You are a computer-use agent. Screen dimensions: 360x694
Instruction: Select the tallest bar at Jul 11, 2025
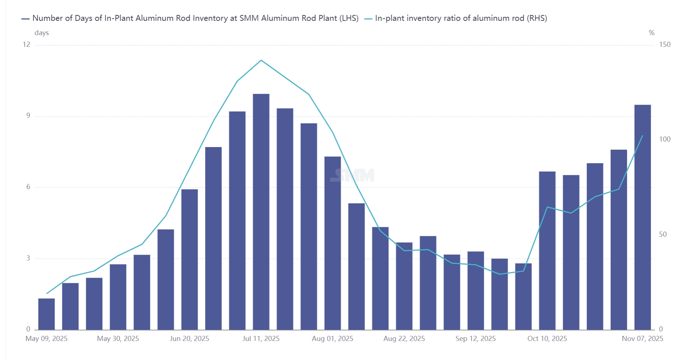coord(261,212)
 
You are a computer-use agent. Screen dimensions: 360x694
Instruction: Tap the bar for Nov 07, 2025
coord(642,217)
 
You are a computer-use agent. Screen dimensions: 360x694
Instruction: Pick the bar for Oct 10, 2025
coord(547,251)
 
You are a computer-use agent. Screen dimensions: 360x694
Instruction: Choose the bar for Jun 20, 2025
coord(189,259)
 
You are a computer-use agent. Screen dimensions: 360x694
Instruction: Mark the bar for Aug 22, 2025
coord(404,286)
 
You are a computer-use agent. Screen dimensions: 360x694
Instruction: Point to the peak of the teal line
coord(261,60)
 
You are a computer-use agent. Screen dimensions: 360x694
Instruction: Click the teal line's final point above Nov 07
coord(642,136)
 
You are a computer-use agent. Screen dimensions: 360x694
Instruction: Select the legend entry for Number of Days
coord(190,18)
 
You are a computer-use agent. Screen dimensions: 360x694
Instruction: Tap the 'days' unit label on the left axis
coord(42,33)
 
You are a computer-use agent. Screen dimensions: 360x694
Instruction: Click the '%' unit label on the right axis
coord(651,33)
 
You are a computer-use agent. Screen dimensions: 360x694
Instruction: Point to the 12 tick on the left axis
coord(26,45)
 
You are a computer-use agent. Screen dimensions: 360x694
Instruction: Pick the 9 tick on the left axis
coord(28,116)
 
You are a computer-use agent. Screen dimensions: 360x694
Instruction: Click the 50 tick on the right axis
coord(663,235)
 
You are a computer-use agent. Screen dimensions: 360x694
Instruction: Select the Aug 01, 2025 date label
coord(332,339)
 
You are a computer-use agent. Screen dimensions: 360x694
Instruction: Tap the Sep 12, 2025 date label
coord(475,339)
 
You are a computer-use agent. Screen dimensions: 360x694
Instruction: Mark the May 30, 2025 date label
coord(118,339)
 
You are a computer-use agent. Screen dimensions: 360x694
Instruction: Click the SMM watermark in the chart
coord(352,175)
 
